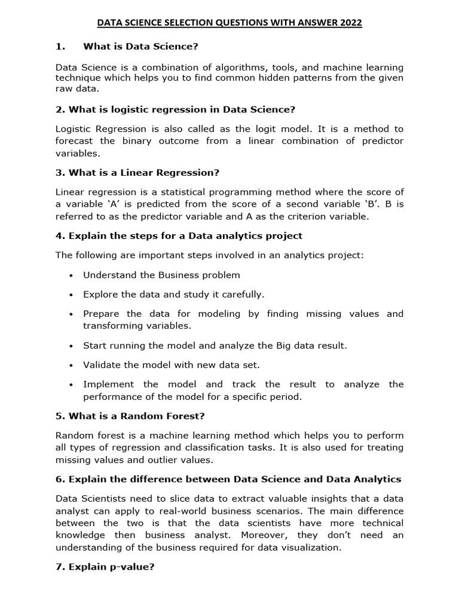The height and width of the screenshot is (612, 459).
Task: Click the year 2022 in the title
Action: coord(350,23)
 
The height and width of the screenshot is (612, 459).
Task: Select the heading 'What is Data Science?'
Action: coord(140,46)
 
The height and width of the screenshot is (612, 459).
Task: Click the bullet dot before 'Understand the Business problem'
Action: coord(71,276)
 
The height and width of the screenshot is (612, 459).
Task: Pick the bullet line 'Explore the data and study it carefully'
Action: coord(173,294)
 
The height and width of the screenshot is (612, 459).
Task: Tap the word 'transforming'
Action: coord(113,326)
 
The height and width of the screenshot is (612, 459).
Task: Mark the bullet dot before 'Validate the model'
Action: coord(71,365)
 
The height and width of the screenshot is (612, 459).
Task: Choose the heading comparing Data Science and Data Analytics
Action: coord(228,479)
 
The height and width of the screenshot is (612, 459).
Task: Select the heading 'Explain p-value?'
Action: coord(105,567)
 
